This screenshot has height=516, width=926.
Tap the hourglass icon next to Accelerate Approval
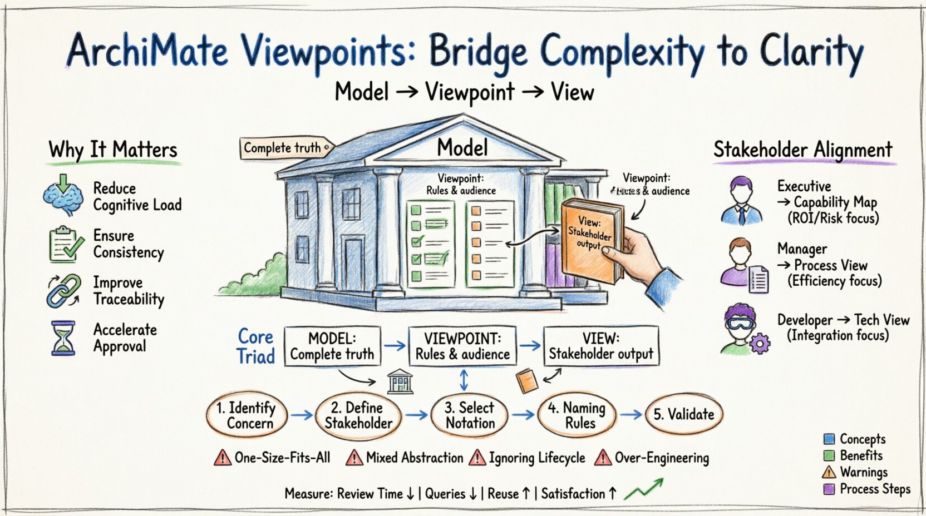pos(63,338)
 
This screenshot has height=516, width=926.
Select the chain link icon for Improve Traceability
pos(63,290)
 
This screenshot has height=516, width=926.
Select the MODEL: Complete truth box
pos(332,346)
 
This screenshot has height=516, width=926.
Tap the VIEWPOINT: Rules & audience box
pos(462,346)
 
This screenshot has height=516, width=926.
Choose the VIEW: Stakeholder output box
pos(601,346)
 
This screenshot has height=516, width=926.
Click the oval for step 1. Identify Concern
pos(247,415)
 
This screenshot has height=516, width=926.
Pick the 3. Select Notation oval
pos(470,415)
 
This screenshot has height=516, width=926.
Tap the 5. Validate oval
pos(683,414)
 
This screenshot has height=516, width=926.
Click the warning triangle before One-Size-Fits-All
pos(223,458)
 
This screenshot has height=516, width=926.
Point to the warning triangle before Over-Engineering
pos(603,458)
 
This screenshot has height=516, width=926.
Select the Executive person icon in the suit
pos(741,201)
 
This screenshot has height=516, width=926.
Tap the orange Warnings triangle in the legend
pos(829,473)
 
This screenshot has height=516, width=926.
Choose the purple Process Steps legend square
pos(829,489)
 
